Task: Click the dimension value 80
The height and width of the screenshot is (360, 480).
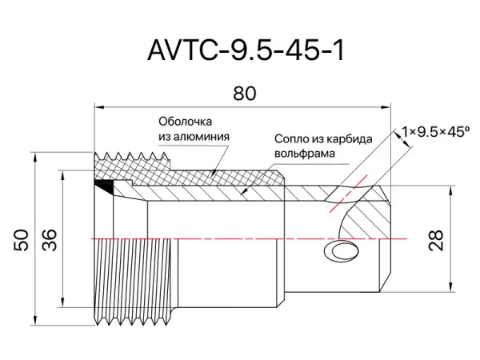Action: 245,94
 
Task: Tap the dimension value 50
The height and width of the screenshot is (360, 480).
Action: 22,241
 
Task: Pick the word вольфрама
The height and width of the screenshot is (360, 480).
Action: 304,152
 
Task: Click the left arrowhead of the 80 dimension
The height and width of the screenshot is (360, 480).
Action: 98,105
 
